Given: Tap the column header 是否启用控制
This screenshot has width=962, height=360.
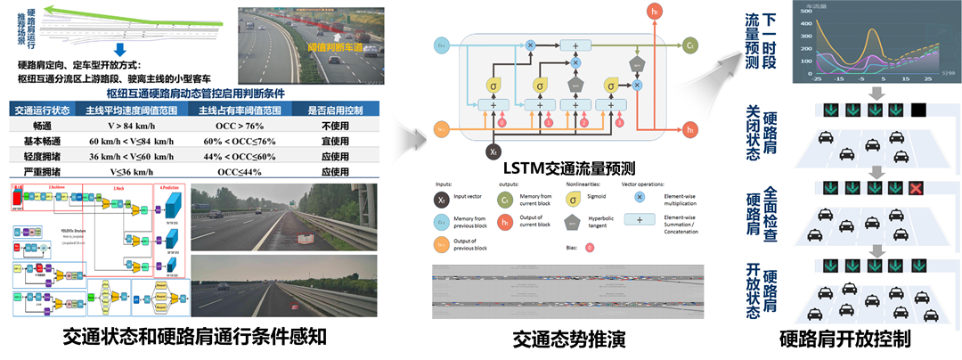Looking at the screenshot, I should pyautogui.click(x=334, y=110).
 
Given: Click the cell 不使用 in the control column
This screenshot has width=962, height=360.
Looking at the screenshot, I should pyautogui.click(x=334, y=127).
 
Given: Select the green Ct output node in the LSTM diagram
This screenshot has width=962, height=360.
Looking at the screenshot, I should pyautogui.click(x=690, y=44).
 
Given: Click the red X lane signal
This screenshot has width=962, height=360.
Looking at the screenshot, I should pyautogui.click(x=916, y=187).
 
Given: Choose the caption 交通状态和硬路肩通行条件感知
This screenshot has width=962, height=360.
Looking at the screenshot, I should pyautogui.click(x=196, y=338).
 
